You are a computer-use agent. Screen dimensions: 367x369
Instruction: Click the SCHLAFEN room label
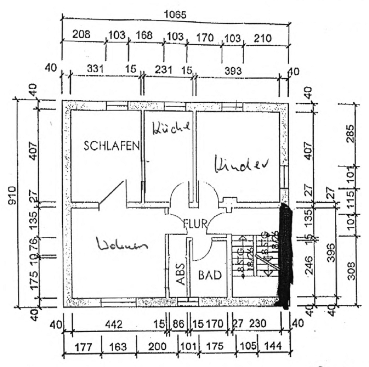point(111,146)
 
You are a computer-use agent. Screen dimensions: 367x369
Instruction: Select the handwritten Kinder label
point(241,163)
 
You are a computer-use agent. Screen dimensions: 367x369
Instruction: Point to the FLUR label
point(196,223)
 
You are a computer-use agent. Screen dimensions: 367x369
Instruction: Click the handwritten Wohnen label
point(122,245)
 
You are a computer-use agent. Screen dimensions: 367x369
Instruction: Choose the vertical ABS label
point(180,274)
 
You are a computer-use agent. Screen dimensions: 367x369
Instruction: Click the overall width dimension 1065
point(176,15)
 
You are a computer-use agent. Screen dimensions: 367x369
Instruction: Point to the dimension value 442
point(113,325)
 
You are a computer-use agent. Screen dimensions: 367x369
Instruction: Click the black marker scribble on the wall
point(285,255)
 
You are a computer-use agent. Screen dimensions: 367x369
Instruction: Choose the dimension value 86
point(179,325)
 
